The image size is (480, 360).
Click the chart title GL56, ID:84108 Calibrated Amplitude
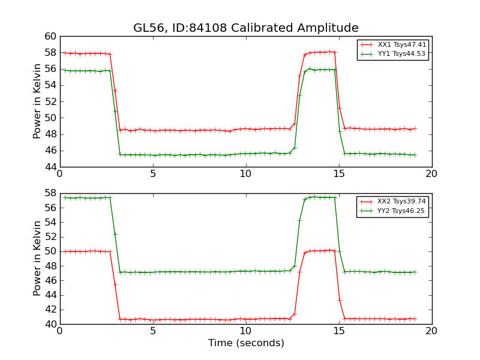click(246, 28)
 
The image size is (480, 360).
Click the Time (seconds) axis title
click(246, 343)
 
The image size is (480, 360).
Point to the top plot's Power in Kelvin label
click(38, 101)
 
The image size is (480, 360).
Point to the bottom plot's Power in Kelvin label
click(38, 259)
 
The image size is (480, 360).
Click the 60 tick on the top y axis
click(50, 37)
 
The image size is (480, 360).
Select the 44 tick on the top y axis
click(50, 167)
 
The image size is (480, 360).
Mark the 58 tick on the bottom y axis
click(50, 194)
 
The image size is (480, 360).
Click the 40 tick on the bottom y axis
click(50, 324)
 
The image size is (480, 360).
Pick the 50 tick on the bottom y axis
click(50, 251)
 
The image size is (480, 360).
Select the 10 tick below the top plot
click(246, 174)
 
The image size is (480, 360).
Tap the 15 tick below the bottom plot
click(339, 331)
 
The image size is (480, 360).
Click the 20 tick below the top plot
click(432, 174)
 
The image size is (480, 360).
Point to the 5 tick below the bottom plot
click(153, 331)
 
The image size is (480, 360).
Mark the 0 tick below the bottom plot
click(60, 331)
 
